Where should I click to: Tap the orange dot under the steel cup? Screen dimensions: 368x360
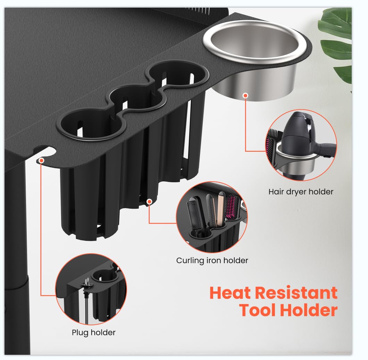[x=245, y=95]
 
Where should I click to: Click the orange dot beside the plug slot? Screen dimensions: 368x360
[x=42, y=160]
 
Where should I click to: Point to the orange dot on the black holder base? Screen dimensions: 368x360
[x=149, y=202]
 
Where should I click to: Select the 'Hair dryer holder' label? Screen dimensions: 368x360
[x=301, y=192]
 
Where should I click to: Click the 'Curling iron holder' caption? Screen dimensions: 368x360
[x=212, y=260]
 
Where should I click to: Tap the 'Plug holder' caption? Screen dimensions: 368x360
[x=94, y=333]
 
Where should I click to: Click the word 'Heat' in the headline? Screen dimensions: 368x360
[x=230, y=293]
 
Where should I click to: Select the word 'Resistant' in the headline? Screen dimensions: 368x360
[x=296, y=293]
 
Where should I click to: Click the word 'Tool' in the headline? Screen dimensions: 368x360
[x=258, y=310]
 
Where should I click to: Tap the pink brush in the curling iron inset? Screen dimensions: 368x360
[x=231, y=207]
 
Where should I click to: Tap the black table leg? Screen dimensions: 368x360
[x=16, y=258]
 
